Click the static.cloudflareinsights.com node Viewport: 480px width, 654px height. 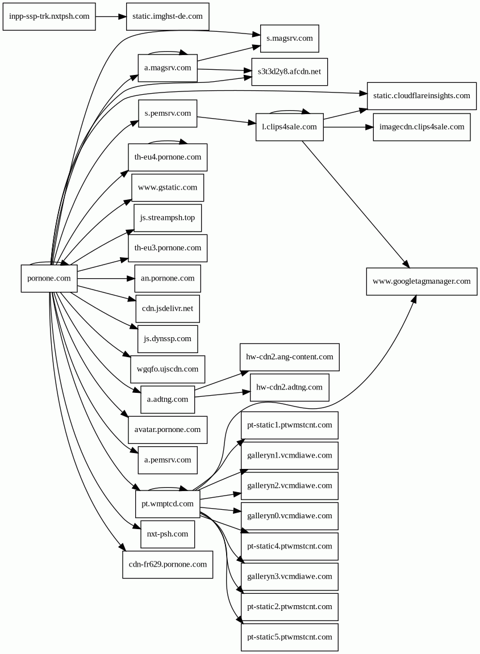click(x=421, y=96)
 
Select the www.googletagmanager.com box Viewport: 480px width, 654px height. click(x=421, y=282)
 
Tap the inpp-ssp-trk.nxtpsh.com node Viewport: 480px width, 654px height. click(x=49, y=16)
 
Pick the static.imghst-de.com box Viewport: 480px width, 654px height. click(x=168, y=16)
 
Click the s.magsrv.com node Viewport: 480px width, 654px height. click(x=290, y=39)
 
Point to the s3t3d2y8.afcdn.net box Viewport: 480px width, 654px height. click(x=289, y=72)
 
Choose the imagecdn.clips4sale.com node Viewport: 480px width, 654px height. click(x=421, y=127)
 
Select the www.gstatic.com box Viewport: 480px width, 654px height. click(x=168, y=188)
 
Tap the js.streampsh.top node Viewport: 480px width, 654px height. click(x=168, y=218)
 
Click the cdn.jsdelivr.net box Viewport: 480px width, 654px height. click(x=168, y=309)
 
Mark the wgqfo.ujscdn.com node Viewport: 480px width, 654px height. click(x=168, y=369)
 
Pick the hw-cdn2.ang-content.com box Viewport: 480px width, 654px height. click(x=289, y=357)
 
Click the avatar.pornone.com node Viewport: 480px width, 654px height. click(x=168, y=430)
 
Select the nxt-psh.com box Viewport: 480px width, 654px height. click(x=168, y=534)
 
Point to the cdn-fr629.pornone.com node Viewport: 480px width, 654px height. click(x=168, y=565)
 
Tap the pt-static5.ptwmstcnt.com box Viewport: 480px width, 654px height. click(x=289, y=638)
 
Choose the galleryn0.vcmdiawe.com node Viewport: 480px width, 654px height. click(x=289, y=516)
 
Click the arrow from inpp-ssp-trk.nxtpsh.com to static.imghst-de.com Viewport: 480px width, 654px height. click(x=111, y=16)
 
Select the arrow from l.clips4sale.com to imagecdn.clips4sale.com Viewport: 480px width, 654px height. click(x=348, y=127)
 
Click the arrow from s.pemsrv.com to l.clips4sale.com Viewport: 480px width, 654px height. click(x=226, y=120)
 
